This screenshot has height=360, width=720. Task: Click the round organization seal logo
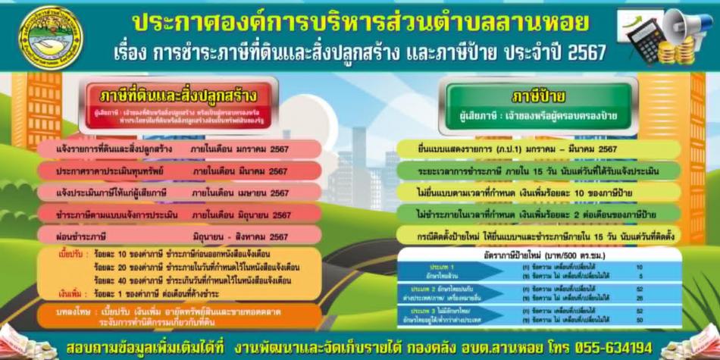(x=51, y=37)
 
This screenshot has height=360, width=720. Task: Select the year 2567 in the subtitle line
(x=587, y=53)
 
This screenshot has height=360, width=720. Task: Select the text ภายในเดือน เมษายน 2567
(x=239, y=193)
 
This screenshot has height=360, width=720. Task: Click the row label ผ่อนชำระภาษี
(x=83, y=236)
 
